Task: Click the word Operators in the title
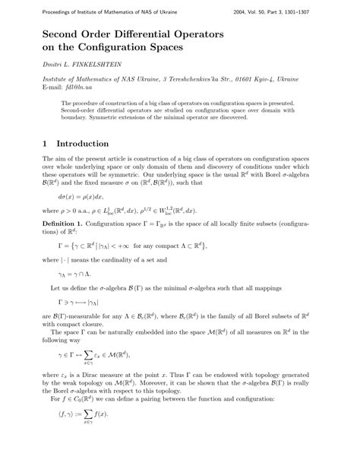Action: [234, 32]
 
